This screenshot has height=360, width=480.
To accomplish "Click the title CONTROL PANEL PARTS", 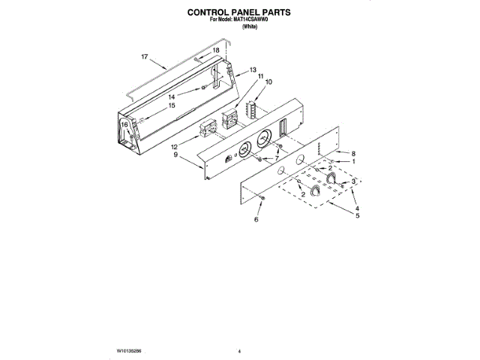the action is tap(238, 13).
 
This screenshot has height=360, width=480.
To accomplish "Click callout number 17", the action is tap(145, 56).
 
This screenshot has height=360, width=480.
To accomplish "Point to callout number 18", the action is tap(216, 50).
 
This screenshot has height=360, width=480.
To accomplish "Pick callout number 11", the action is tap(260, 76).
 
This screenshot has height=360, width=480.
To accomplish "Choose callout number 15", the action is tap(171, 106).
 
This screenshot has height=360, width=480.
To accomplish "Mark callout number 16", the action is tap(124, 125).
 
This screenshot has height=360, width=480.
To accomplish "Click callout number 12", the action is tap(174, 147).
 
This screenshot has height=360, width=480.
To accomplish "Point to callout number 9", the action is tap(175, 155).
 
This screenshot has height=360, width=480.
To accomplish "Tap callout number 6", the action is tap(256, 220).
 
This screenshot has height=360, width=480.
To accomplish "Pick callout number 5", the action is tap(358, 216).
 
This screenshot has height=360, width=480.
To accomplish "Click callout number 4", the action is tap(358, 208).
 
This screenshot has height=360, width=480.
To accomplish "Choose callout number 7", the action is tap(276, 159).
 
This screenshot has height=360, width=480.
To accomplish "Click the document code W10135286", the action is tap(130, 350).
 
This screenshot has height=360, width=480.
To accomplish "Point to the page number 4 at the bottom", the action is tap(239, 350).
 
